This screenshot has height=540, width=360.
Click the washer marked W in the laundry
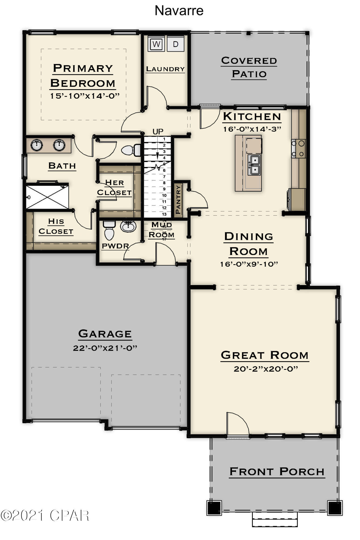click(156, 44)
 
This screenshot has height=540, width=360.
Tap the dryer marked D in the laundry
click(176, 44)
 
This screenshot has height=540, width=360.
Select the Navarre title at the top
click(179, 11)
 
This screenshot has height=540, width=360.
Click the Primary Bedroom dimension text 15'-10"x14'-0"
click(85, 96)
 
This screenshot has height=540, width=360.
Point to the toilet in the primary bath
click(131, 150)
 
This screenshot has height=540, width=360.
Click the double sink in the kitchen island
click(254, 165)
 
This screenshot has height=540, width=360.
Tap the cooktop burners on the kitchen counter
click(298, 149)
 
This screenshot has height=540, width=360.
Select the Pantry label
click(178, 200)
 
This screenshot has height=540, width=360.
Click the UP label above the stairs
click(158, 132)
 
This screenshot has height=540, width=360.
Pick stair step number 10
click(164, 195)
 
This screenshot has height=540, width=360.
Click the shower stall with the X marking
click(48, 196)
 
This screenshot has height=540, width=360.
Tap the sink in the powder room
click(129, 226)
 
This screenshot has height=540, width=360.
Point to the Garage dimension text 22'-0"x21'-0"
click(105, 348)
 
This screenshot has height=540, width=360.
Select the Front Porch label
click(277, 471)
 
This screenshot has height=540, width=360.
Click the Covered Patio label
click(249, 67)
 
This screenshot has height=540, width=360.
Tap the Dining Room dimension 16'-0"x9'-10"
click(249, 264)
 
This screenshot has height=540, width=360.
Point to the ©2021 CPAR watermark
click(45, 515)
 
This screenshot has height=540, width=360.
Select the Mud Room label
click(162, 229)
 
